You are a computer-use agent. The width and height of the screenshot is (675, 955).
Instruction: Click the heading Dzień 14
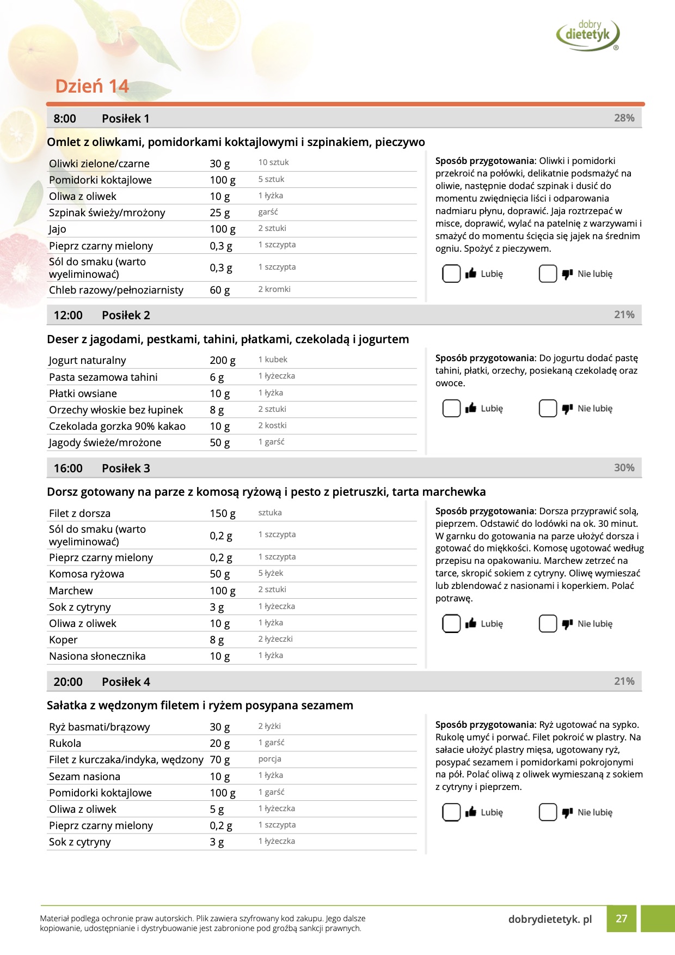click(x=92, y=86)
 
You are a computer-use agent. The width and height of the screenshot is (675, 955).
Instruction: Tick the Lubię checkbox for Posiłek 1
click(x=451, y=273)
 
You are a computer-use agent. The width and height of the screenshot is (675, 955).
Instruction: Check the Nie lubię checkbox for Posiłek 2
click(x=548, y=408)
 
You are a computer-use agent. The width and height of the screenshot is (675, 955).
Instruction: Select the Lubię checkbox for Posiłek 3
click(x=451, y=623)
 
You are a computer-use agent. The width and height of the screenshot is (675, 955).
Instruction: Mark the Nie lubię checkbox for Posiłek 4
click(x=548, y=812)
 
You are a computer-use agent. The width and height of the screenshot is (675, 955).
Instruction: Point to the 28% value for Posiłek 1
click(x=624, y=118)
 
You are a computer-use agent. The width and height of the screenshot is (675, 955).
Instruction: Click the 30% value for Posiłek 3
click(x=624, y=467)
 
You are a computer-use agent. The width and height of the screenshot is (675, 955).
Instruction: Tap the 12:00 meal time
click(x=68, y=315)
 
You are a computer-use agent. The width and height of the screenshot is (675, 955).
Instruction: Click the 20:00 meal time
click(x=68, y=682)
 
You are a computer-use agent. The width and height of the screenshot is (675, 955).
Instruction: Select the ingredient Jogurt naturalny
click(x=87, y=360)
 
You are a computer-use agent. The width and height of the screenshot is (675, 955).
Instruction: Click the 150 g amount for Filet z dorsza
click(x=222, y=513)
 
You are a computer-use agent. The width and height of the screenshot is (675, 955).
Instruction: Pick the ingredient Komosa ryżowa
click(x=87, y=574)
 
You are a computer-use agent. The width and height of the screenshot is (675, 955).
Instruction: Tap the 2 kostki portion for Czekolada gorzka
click(x=272, y=425)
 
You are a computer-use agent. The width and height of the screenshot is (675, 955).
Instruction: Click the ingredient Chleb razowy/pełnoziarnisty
click(x=116, y=290)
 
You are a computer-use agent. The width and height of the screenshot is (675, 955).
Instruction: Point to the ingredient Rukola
click(x=65, y=743)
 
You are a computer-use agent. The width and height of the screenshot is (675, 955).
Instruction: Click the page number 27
click(x=621, y=918)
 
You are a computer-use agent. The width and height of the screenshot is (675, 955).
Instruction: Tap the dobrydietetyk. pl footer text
click(x=550, y=919)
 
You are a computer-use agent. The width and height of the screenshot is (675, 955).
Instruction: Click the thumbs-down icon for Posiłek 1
click(x=567, y=273)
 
